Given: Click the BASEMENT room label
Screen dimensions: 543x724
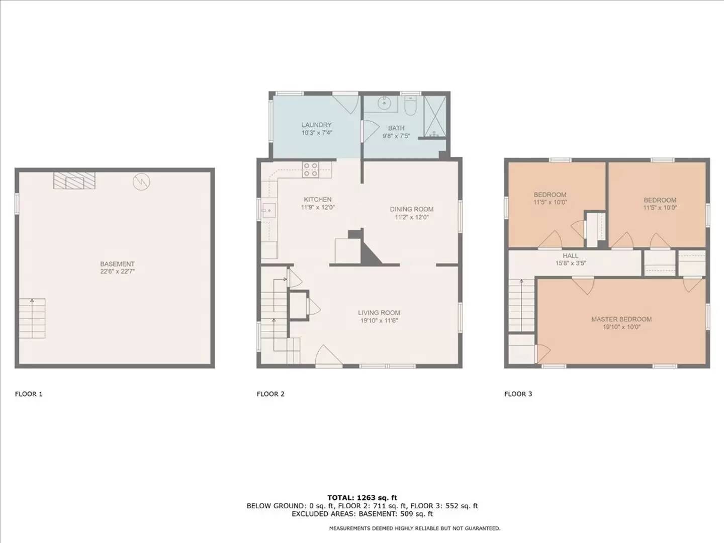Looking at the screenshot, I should pos(117,264).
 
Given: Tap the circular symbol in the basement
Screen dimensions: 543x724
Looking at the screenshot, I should pos(141,182).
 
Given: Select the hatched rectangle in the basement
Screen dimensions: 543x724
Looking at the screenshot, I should pos(74,180).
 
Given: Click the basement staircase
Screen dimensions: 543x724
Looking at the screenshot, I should pos(32,318).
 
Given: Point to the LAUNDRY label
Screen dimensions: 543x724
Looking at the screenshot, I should pos(317,125).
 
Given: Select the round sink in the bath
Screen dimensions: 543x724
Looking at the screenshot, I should pos(385,104).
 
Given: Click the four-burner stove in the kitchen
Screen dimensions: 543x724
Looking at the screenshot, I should pos(310,169).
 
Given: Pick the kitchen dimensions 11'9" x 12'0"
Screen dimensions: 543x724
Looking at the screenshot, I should pos(318,207).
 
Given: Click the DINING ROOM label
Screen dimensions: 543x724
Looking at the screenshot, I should pos(411,209).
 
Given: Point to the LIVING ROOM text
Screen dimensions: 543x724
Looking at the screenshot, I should pos(379,313).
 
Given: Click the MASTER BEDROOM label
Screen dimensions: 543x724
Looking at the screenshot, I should pos(621,319).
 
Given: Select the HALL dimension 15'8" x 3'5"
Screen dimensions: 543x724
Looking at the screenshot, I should pos(571,263).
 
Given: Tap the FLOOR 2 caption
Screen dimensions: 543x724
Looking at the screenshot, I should pos(270,394).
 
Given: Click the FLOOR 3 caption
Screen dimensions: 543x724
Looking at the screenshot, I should pos(518,394).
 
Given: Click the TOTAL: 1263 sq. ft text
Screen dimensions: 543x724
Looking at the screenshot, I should pos(362,498).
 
